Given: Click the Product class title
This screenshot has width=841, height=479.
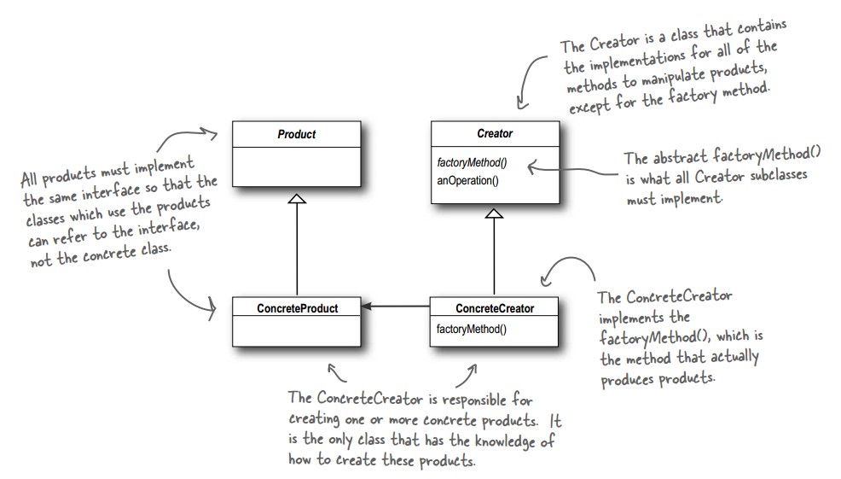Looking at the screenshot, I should click(297, 135).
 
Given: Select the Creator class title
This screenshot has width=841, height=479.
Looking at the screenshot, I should click(495, 135).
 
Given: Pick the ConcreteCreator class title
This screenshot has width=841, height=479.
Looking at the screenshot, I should click(495, 308).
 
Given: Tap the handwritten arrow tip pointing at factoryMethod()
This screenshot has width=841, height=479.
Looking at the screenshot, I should click(531, 166).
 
